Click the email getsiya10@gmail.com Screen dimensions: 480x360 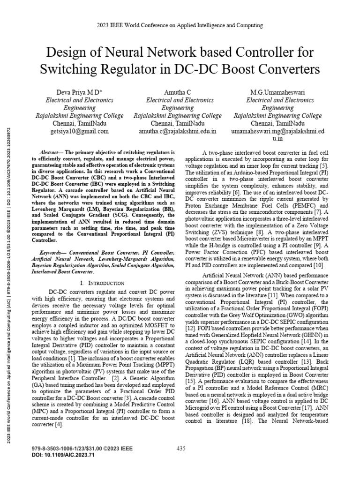(x=79, y=131)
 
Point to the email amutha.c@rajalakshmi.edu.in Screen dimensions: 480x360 (x=178, y=131)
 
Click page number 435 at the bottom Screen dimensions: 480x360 (x=181, y=449)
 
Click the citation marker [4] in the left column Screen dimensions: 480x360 (x=58, y=425)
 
